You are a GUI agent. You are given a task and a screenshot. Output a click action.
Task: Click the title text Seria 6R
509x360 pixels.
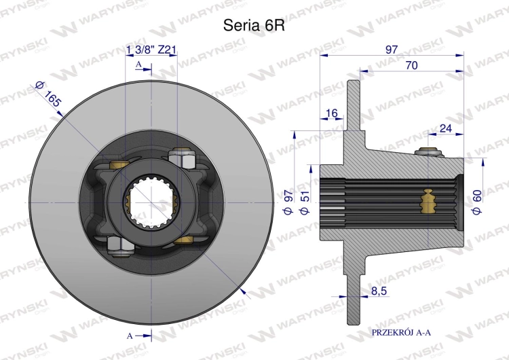pos(254,25)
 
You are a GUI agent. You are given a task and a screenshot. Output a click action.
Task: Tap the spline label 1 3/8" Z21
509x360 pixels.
pos(151,50)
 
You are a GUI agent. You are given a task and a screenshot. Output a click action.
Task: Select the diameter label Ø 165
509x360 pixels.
pos(48,94)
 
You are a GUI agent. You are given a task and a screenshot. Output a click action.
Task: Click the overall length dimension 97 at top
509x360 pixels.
pos(392,50)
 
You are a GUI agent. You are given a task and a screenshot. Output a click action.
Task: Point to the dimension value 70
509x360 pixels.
pos(412,65)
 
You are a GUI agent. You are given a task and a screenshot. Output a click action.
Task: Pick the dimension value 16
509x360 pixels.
pos(331,113)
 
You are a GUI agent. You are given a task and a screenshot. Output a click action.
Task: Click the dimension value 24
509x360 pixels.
pos(446,128)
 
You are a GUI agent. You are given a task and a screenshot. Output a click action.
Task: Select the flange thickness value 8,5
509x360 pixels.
pos(379,291)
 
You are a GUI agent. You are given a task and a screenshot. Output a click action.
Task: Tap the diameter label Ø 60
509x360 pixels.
pos(477,202)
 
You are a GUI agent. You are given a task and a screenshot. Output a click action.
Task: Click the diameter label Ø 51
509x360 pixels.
pos(305,202)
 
